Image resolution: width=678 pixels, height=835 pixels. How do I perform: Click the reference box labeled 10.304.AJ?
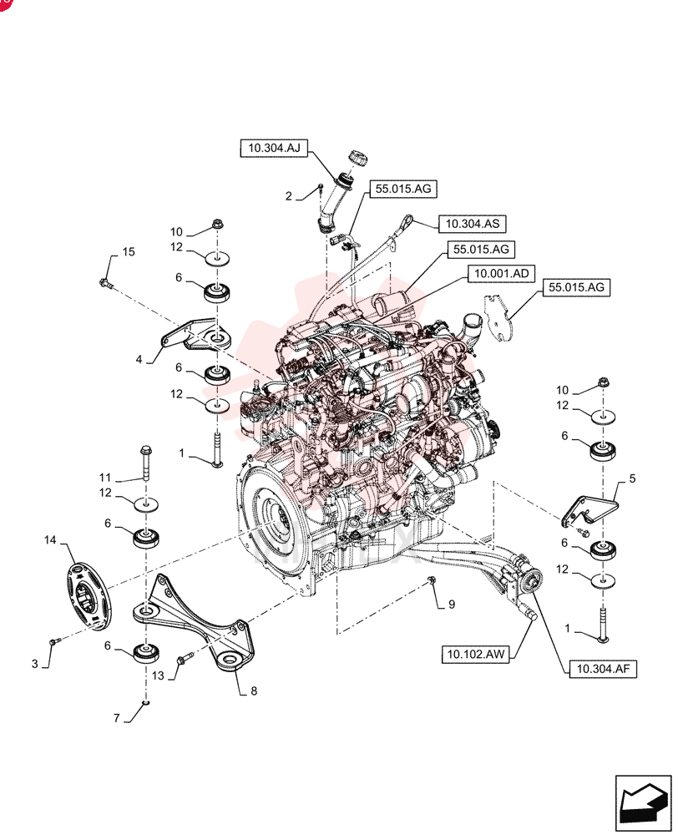coord(274,148)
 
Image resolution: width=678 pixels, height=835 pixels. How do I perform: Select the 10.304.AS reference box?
coord(473,224)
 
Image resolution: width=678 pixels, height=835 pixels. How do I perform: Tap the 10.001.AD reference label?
coord(501,274)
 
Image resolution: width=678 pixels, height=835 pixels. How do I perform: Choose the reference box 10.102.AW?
coord(475,654)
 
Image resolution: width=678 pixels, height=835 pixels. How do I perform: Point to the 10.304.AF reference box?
coord(603,669)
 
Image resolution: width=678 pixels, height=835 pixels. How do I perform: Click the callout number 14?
coord(50,540)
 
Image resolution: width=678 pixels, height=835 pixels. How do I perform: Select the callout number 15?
coord(129,251)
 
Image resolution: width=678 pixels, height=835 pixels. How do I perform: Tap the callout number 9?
coord(452,605)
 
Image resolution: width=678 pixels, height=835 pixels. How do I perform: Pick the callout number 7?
coord(117,718)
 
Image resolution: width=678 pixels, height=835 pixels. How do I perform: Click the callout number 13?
coord(158,676)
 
